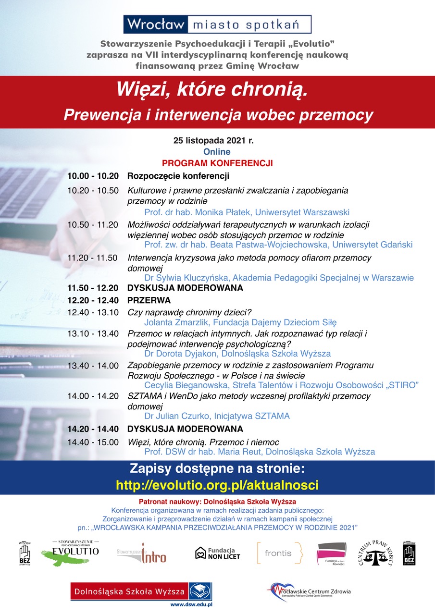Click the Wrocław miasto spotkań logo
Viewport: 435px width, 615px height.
(217, 24)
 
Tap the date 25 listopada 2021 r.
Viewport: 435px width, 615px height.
(213, 141)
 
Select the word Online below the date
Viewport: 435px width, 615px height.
(217, 152)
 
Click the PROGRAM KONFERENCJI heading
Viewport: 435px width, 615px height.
(217, 163)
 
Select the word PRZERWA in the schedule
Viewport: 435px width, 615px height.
(149, 300)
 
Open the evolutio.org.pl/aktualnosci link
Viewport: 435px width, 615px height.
(217, 484)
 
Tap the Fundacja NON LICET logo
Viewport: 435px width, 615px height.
(217, 553)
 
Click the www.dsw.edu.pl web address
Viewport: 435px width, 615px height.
(191, 604)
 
